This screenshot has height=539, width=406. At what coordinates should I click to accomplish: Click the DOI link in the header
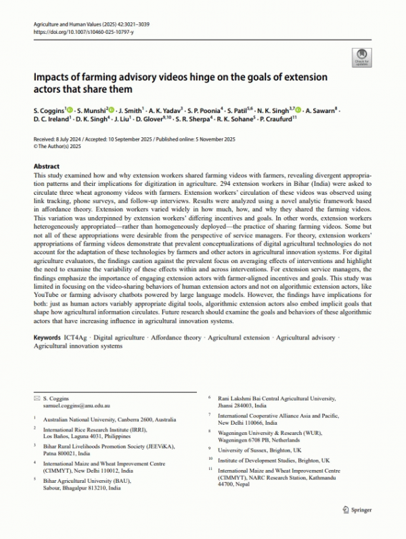tap(79, 31)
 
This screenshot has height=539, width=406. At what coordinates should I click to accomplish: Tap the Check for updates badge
tap(360, 57)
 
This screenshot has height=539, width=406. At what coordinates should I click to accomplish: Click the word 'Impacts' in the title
tap(51, 78)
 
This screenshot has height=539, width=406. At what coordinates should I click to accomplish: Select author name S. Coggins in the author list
tap(48, 109)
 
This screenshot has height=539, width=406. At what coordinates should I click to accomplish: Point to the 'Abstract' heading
tap(47, 166)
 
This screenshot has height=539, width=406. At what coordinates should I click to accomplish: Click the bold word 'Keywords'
tap(47, 337)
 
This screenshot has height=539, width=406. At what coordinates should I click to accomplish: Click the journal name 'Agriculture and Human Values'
tap(65, 24)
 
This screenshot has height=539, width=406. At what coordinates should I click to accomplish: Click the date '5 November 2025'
tap(204, 138)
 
